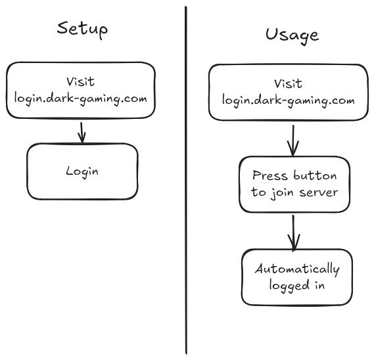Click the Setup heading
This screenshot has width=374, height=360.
pyautogui.click(x=82, y=30)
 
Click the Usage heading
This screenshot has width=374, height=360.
pyautogui.click(x=292, y=35)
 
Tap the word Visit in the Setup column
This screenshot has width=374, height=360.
pyautogui.click(x=80, y=81)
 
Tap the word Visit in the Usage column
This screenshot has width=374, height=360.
pyautogui.click(x=288, y=83)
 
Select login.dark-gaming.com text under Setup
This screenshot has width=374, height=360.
pyautogui.click(x=80, y=99)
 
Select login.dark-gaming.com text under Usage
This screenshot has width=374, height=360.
pyautogui.click(x=288, y=100)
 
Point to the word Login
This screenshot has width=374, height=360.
pyautogui.click(x=82, y=171)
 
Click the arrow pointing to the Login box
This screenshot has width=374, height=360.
pyautogui.click(x=82, y=133)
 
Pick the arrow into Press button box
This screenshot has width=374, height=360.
pyautogui.click(x=293, y=141)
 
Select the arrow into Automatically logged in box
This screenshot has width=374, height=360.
pyautogui.click(x=294, y=233)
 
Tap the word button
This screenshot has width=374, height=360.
pyautogui.click(x=315, y=175)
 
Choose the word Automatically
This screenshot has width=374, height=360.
pyautogui.click(x=297, y=269)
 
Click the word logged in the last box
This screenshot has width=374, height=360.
pyautogui.click(x=289, y=286)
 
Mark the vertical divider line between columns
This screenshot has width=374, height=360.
pyautogui.click(x=186, y=180)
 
